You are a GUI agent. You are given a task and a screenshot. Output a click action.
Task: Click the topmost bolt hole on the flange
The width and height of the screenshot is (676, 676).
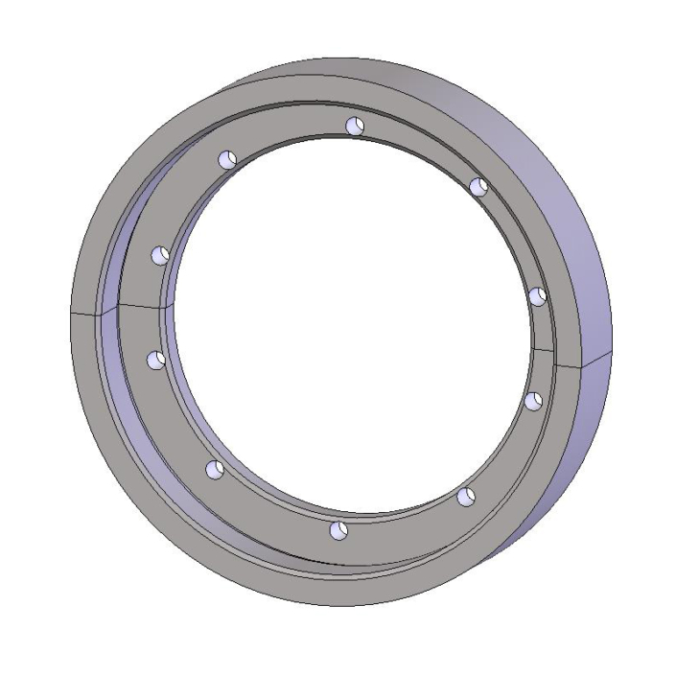click(355, 125)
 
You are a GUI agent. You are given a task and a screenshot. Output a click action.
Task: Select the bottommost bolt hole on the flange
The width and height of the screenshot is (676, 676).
click(337, 530)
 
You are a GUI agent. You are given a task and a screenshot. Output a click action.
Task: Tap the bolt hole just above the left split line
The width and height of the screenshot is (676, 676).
click(160, 255)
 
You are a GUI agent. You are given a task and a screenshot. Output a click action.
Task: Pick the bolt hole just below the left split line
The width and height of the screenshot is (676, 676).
click(155, 360)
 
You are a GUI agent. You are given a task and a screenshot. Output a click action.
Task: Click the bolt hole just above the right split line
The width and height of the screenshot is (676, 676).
click(538, 295)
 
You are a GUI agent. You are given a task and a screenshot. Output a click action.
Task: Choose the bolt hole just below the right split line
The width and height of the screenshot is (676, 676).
click(534, 400)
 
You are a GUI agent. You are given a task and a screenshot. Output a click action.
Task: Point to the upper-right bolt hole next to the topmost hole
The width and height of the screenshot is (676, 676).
click(478, 185)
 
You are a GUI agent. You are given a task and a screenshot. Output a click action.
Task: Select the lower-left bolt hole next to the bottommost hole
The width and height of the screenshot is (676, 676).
click(215, 469)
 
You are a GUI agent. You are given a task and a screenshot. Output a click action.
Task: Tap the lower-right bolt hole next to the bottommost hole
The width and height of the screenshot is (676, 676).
click(466, 496)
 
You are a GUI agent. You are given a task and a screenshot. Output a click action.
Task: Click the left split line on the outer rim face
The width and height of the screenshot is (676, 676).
click(86, 313)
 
